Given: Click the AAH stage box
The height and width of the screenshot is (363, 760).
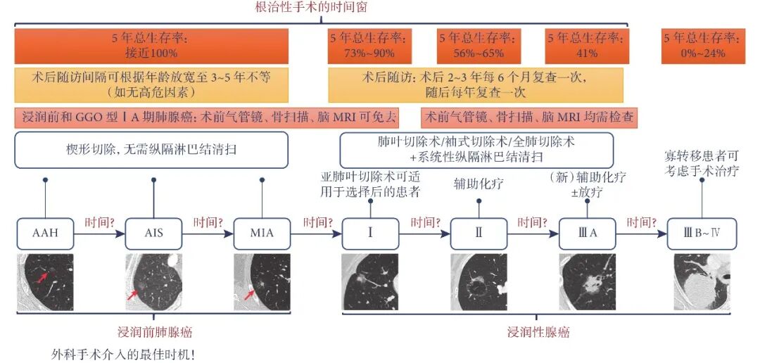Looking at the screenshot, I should coord(45,234).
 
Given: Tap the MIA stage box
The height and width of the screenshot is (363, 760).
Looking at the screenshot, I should coord(262,234).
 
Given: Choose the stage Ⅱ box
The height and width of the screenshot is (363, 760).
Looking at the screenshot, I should coord(479,234).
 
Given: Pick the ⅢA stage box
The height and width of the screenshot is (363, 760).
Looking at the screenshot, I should coord(587,234).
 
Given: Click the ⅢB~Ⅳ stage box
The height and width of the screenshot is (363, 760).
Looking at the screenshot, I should coord(702,234).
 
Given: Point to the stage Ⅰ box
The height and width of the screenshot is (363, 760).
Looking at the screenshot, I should coord(370,234).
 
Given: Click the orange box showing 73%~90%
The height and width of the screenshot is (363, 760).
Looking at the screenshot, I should coord(372,46).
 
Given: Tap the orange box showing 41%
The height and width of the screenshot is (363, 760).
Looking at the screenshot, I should coord(588,46).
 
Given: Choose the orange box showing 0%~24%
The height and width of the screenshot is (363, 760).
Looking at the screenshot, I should coord(702,46).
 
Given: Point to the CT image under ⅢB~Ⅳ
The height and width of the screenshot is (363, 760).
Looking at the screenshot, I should coord(702,282).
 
